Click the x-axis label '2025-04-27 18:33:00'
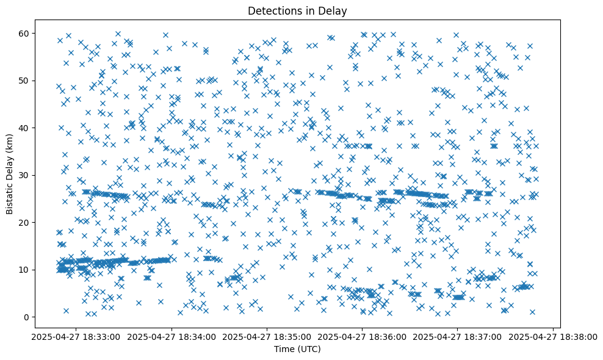point(76,337)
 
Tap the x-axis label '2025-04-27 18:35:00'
point(267,337)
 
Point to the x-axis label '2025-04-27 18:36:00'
point(363,337)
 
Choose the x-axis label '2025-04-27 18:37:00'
point(458,337)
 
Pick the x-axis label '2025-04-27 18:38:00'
point(553,337)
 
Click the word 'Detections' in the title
point(269,10)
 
